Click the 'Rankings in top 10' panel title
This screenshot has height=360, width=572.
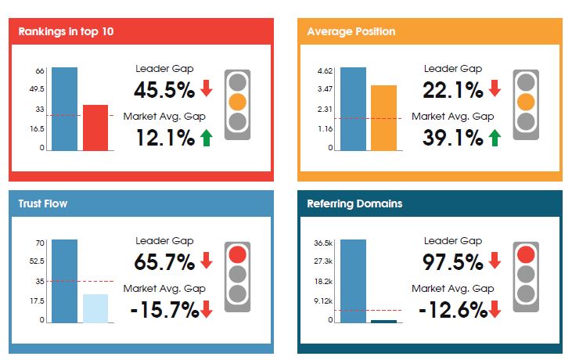pos(69,32)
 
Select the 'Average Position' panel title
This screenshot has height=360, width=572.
pos(351,32)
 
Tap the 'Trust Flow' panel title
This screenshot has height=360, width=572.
pos(43,203)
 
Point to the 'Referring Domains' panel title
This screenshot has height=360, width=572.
pos(354,203)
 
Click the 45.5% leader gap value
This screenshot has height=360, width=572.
pos(164,90)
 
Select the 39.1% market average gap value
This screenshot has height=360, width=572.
pos(453,139)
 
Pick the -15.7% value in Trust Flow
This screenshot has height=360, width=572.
pos(164,310)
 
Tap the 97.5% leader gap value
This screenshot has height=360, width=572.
pos(453,261)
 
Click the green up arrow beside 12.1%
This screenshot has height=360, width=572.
pos(207,139)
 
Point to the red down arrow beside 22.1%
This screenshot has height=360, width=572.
pos(495,89)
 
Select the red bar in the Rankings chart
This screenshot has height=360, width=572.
pos(95,128)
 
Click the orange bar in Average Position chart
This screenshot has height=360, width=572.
pos(383,117)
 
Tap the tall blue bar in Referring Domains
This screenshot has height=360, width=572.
pos(353,280)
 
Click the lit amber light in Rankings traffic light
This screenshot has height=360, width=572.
pos(237,102)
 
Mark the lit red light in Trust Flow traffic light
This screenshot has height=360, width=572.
pos(237,254)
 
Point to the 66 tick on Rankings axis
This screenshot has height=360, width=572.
pos(39,71)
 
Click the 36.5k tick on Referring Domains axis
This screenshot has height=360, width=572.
pos(324,243)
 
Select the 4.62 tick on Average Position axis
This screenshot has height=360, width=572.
pos(326,71)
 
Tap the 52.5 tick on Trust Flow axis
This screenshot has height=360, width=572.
pos(37,261)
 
